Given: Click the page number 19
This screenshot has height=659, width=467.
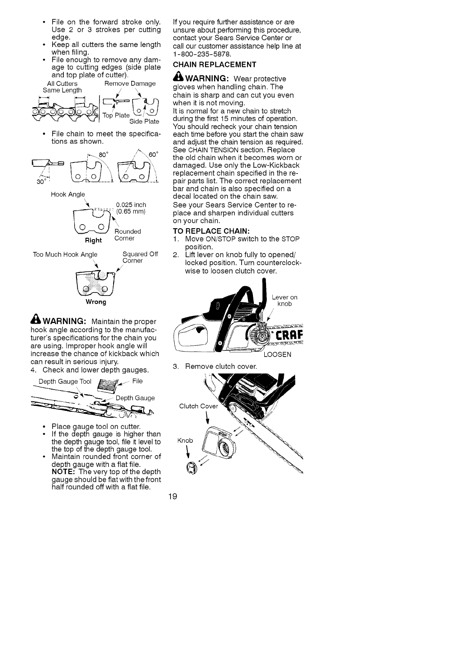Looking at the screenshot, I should point(172,496).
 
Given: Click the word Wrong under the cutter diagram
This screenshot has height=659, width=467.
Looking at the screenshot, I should point(96,301).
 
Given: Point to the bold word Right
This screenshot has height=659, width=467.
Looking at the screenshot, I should point(94,240).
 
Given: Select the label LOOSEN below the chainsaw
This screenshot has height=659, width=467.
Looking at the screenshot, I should point(277,354).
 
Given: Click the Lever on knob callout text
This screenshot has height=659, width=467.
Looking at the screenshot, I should point(285,301).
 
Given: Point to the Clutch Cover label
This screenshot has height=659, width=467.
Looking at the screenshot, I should point(199,406).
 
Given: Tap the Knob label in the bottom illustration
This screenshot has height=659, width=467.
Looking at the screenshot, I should point(185,440).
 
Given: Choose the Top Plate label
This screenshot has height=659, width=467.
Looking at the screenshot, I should point(116,115).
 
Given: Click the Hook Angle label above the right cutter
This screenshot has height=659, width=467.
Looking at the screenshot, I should point(68,194).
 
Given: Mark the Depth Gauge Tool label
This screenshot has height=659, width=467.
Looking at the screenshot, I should point(65,381).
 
